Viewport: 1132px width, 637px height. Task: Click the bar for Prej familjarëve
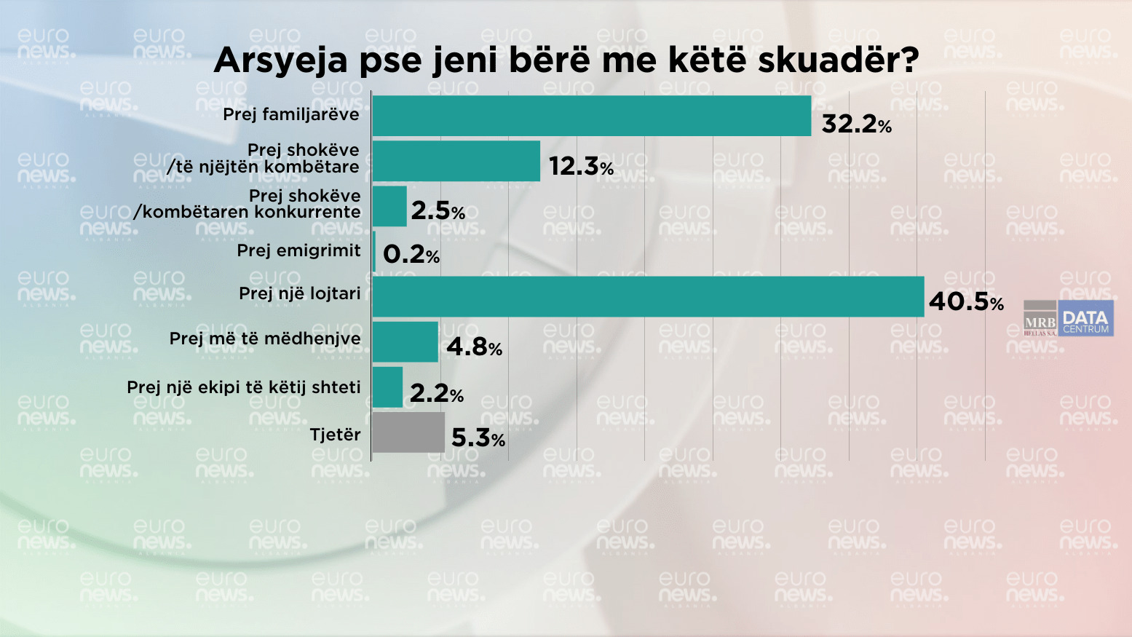click(x=591, y=116)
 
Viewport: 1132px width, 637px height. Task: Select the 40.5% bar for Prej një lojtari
click(x=648, y=296)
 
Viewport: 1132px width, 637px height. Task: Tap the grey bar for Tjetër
click(x=408, y=432)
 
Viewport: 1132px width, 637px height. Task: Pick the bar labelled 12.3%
click(x=456, y=161)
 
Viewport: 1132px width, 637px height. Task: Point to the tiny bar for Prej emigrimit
click(x=374, y=252)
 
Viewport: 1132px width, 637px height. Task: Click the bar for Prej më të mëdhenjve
click(x=405, y=342)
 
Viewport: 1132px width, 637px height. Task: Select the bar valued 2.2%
click(x=387, y=387)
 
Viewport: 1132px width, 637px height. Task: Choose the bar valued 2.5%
click(x=389, y=206)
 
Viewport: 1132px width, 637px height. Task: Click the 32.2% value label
click(x=856, y=124)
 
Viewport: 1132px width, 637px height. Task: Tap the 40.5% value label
click(x=965, y=301)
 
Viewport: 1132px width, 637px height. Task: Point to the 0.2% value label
click(x=411, y=254)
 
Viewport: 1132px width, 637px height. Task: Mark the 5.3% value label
click(x=478, y=438)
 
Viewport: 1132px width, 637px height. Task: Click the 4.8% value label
click(x=474, y=347)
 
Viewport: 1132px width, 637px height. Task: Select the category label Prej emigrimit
click(x=298, y=250)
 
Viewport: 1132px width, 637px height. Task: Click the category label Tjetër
click(x=335, y=435)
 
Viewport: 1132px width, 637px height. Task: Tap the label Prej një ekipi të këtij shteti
click(x=244, y=387)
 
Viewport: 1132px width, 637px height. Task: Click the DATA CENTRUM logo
click(x=1085, y=319)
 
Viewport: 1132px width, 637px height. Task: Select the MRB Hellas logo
click(x=1040, y=319)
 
